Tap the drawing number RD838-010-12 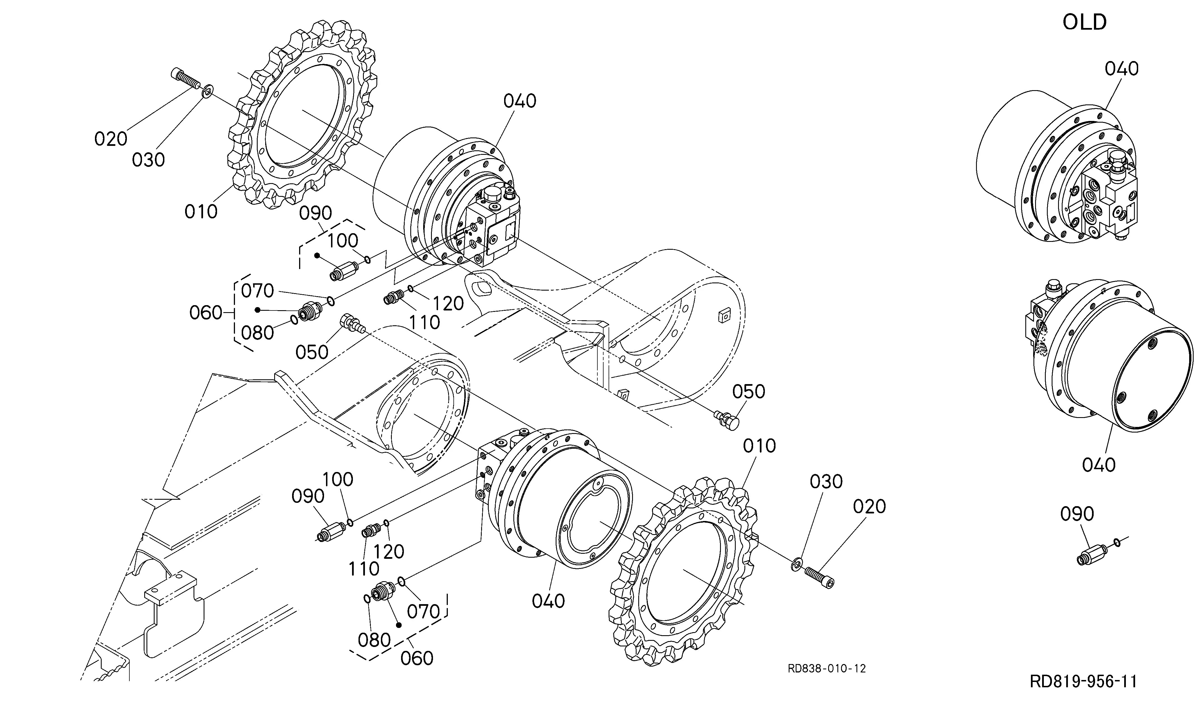coord(826,668)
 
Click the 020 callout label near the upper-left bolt coord(111,139)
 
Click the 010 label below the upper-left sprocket coord(201,211)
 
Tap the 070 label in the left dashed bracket coord(258,290)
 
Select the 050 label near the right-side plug coord(749,392)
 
